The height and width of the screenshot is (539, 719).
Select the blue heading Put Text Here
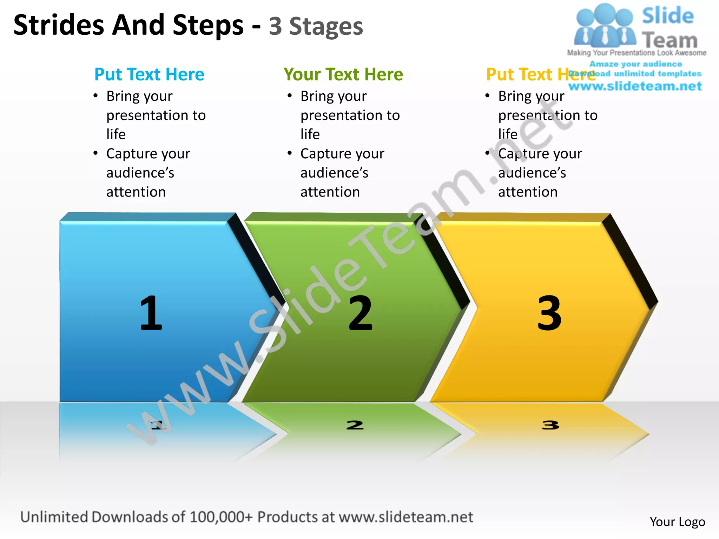tap(149, 74)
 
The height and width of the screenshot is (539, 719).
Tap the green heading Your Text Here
tap(343, 74)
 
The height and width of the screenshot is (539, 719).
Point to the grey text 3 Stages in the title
tap(316, 27)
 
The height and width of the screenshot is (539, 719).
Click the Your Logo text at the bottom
tap(677, 522)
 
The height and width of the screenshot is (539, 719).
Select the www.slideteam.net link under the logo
tap(635, 86)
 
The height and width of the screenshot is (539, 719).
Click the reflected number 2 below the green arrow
tap(355, 425)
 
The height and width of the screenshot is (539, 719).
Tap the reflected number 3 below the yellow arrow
tap(550, 425)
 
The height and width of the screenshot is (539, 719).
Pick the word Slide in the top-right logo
tap(668, 16)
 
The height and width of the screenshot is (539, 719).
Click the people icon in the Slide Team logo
tap(605, 26)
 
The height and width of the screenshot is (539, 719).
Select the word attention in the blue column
tap(136, 192)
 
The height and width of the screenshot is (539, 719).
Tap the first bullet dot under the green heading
tap(290, 95)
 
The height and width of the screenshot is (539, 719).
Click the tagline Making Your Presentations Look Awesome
tap(636, 53)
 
